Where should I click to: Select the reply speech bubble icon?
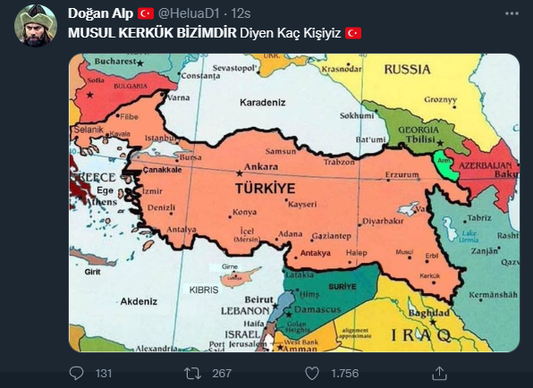pyautogui.click(x=77, y=372)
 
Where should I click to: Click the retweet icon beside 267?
pyautogui.click(x=192, y=372)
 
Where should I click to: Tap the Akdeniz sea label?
pyautogui.click(x=140, y=302)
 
